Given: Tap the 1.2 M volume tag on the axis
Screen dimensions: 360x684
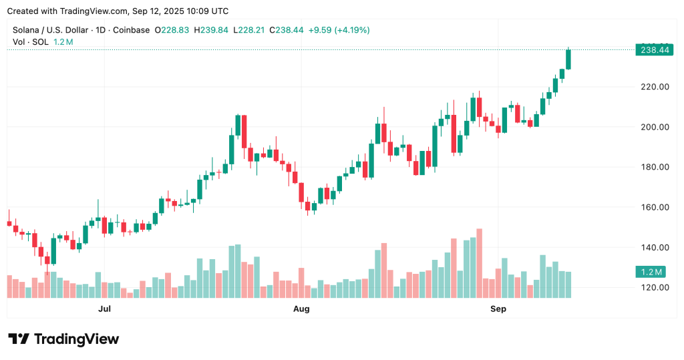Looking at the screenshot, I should (x=649, y=272).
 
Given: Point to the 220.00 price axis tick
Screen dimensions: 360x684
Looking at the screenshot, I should (x=655, y=87).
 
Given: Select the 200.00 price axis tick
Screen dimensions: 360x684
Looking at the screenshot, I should (x=655, y=127).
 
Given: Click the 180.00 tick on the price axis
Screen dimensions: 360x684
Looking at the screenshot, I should (x=655, y=167).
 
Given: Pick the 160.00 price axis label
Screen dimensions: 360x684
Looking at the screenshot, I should (x=655, y=207).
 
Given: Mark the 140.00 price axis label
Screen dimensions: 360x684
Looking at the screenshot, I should (x=655, y=247).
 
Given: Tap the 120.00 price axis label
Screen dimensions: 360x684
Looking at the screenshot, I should (x=655, y=287).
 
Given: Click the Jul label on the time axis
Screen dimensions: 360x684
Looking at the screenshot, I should (x=104, y=309).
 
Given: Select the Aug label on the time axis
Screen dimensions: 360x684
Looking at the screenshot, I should (x=302, y=309).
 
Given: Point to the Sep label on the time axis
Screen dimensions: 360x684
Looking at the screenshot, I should (x=498, y=309).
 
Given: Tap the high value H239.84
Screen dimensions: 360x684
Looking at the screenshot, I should (x=215, y=30).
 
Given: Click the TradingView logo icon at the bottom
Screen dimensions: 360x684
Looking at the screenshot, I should (x=19, y=339).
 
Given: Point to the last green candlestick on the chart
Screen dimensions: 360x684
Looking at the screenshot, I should (x=568, y=59).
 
